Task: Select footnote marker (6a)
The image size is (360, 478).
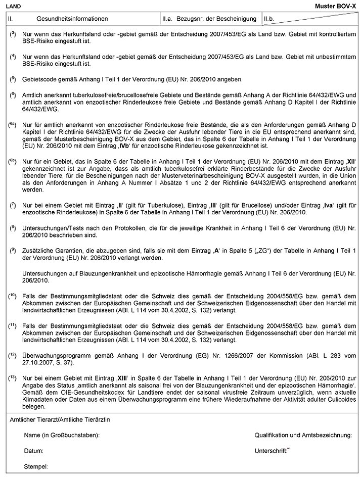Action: pyautogui.click(x=13, y=123)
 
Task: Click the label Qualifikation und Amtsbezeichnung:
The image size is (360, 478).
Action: pyautogui.click(x=303, y=435)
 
